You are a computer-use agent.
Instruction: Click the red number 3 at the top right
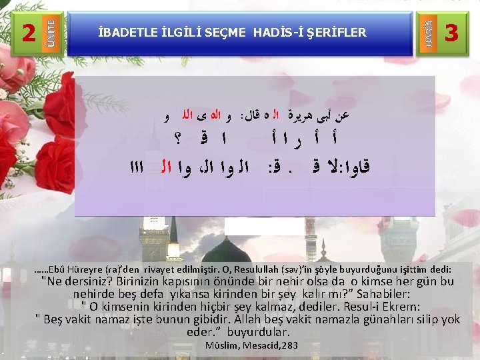(x=451, y=32)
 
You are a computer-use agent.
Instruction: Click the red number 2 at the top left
(x=28, y=32)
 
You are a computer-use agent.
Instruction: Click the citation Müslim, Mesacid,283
(x=251, y=345)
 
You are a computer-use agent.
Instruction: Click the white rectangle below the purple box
(x=255, y=227)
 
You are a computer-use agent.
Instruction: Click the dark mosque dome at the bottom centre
(x=237, y=251)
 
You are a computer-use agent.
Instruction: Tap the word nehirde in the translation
(x=97, y=293)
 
